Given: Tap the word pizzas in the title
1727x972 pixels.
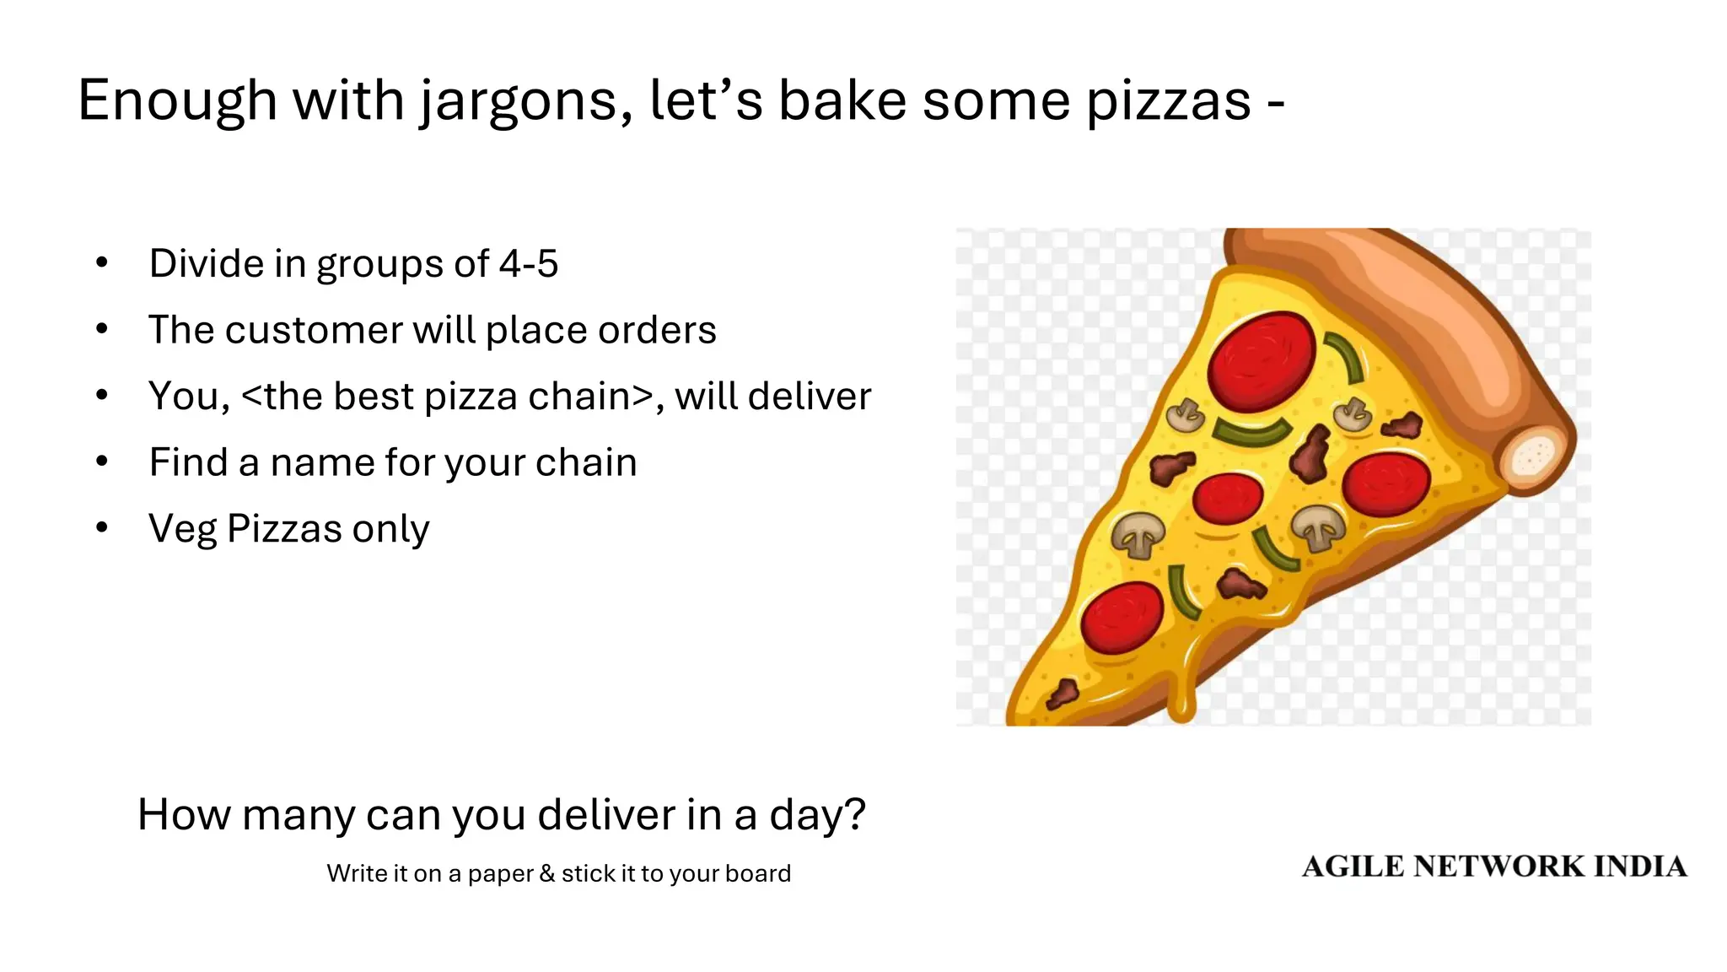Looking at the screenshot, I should coord(1168,101).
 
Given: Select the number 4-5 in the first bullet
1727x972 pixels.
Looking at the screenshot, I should coord(528,263).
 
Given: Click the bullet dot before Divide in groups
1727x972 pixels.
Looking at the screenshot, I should coord(102,262).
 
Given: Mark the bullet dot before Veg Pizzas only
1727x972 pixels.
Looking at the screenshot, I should coord(102,528).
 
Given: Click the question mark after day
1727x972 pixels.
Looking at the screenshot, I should coord(854,814).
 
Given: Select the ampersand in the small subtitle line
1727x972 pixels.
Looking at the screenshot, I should coord(547,873).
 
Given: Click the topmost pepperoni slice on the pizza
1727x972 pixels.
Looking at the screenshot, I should coord(1261,361).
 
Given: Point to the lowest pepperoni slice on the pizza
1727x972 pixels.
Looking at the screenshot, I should coord(1122,618).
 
